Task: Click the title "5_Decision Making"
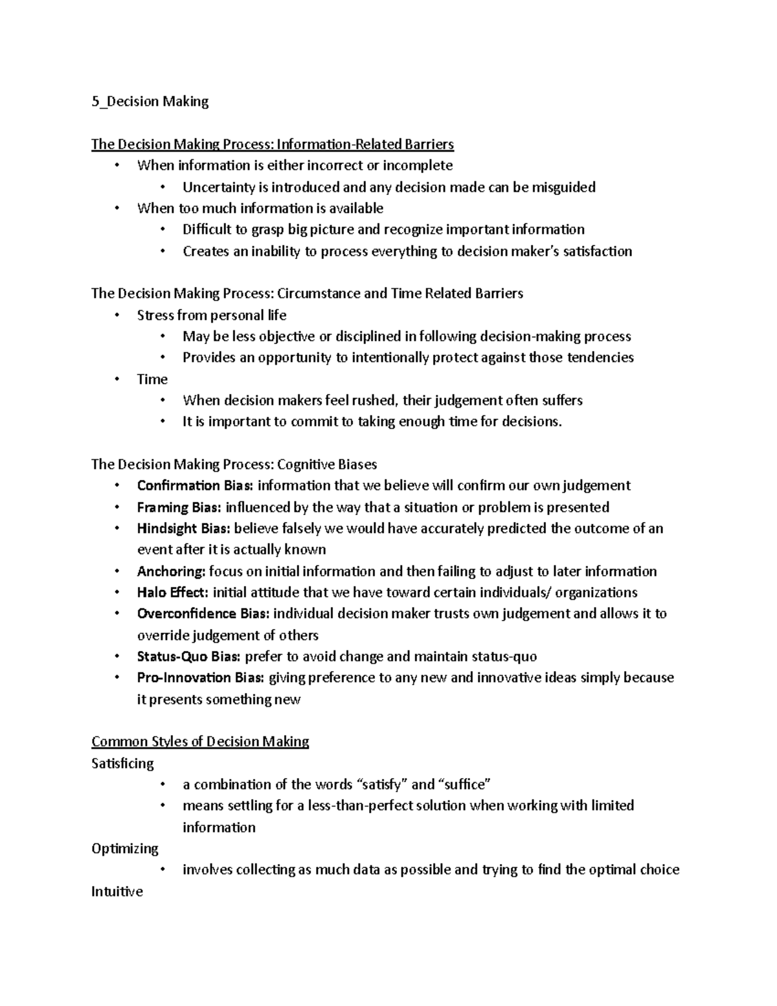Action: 150,102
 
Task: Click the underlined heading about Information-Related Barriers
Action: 273,144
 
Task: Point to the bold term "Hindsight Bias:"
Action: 183,529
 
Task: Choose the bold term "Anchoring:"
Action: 171,571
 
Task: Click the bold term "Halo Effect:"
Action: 172,593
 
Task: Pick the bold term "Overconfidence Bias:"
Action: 203,613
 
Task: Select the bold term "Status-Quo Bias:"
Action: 188,657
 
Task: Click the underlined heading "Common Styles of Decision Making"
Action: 200,742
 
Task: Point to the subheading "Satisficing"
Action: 123,764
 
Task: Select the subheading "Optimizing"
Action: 125,849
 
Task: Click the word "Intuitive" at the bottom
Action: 117,892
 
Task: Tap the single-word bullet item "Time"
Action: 152,380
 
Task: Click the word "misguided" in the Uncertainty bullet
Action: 563,188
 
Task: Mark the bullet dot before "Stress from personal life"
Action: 117,315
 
